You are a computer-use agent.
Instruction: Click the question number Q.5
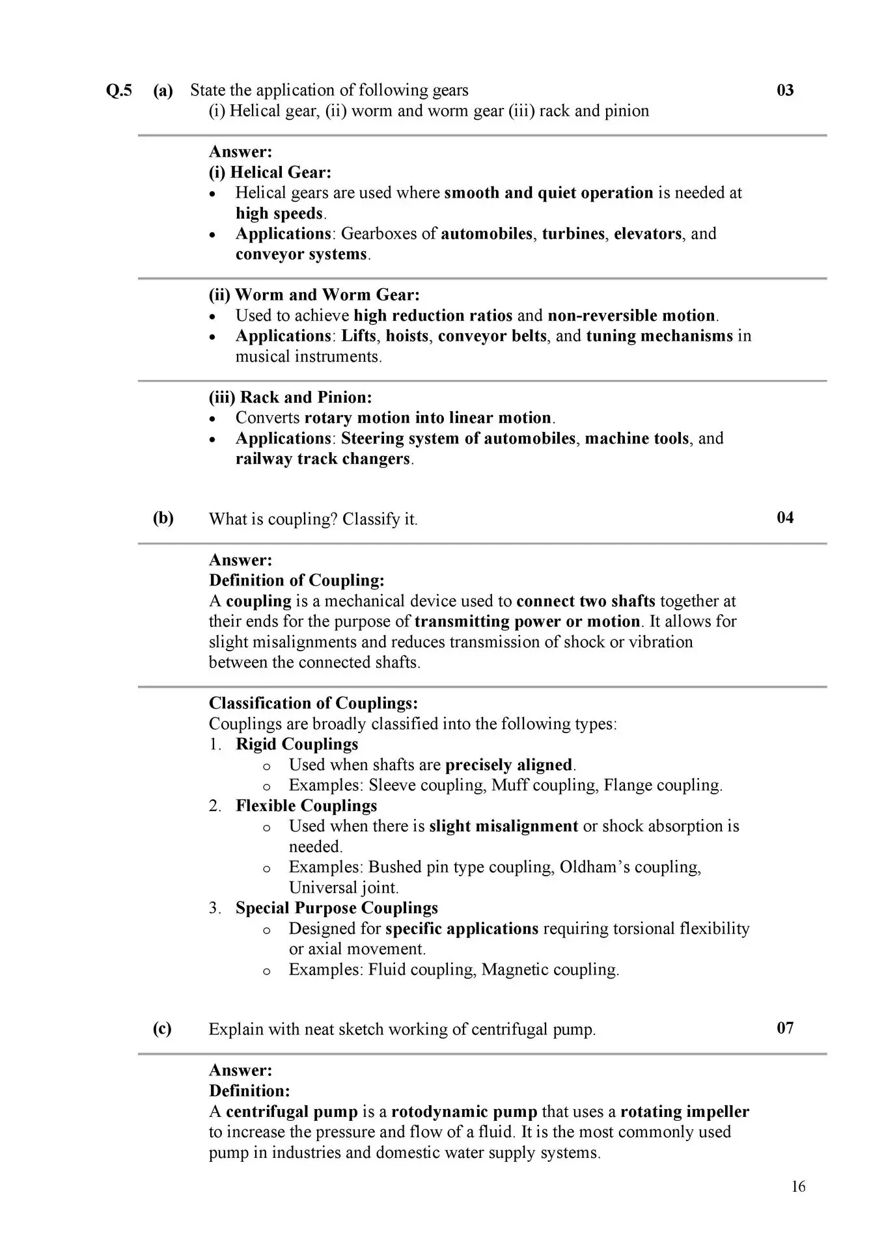click(118, 90)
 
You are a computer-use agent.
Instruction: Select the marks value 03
click(785, 90)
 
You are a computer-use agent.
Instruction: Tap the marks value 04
click(785, 518)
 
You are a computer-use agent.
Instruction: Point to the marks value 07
click(785, 1028)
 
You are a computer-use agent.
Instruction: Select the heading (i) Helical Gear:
click(270, 172)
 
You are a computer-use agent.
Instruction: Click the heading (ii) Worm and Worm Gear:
click(314, 295)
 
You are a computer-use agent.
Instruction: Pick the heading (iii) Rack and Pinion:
click(290, 397)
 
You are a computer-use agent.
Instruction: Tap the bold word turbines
click(573, 234)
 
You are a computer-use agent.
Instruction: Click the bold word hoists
click(407, 336)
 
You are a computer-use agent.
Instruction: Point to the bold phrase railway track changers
click(323, 459)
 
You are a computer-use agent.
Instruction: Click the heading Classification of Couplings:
click(313, 703)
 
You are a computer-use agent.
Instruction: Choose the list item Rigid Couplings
click(297, 744)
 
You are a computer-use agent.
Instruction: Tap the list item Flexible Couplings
click(306, 805)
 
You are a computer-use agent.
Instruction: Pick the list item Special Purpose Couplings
click(337, 908)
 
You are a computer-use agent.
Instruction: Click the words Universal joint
click(344, 887)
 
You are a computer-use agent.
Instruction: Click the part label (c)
click(162, 1028)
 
